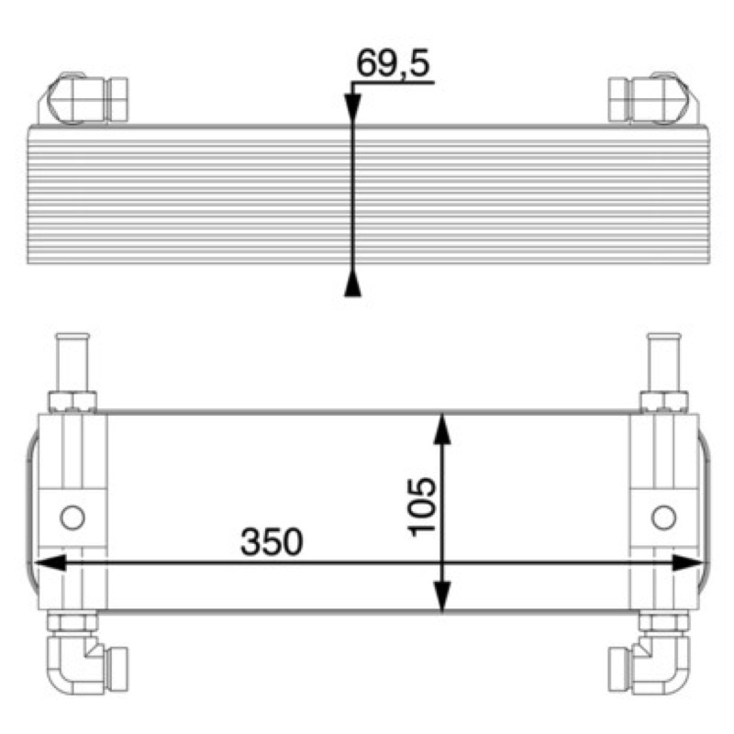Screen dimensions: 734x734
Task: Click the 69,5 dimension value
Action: pyautogui.click(x=393, y=63)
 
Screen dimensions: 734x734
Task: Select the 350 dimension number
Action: pyautogui.click(x=272, y=541)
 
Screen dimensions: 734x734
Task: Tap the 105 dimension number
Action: pyautogui.click(x=422, y=506)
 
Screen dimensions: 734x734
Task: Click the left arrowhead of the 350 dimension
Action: pyautogui.click(x=50, y=562)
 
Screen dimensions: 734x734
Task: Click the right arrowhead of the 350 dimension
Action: pyautogui.click(x=687, y=562)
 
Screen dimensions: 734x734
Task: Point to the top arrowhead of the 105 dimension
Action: pyautogui.click(x=442, y=428)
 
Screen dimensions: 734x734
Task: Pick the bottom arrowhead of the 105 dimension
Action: pyautogui.click(x=442, y=595)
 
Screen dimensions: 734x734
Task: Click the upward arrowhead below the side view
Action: pyautogui.click(x=352, y=284)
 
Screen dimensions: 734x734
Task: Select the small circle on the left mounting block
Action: pyautogui.click(x=72, y=517)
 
